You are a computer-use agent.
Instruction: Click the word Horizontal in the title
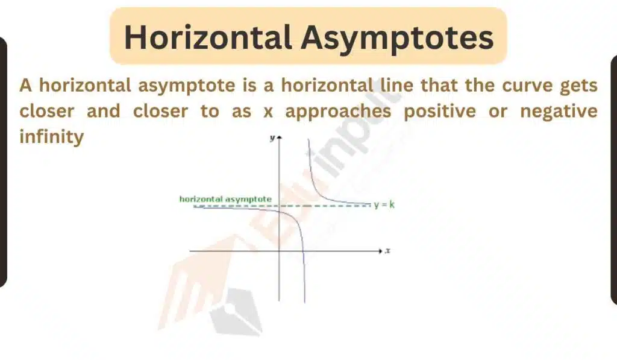208,37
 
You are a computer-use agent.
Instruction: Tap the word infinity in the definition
52,137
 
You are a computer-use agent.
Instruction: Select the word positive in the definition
440,112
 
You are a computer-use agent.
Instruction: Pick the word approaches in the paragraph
339,112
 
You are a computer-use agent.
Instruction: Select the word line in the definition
391,85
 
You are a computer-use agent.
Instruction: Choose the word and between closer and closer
104,111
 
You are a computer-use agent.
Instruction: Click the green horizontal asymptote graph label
225,200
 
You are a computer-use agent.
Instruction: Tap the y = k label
384,204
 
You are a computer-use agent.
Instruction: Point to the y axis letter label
272,138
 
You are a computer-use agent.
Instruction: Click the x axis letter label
387,251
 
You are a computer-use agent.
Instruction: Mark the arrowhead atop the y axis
280,137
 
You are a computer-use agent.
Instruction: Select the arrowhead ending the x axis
380,251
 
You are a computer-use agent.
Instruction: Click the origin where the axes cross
280,251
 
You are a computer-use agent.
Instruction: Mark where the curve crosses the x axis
304,251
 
